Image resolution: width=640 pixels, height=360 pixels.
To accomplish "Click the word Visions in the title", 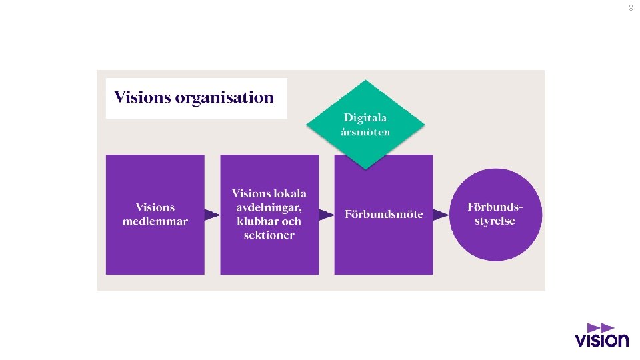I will point(142,98).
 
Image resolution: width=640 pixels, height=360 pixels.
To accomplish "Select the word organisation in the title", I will point(224,98).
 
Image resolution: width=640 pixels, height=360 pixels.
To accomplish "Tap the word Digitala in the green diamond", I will point(365,118).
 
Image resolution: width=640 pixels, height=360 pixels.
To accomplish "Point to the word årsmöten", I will point(365,132).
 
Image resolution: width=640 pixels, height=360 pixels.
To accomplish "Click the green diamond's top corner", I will point(365,81).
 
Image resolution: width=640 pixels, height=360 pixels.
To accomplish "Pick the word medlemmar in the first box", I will point(155,221).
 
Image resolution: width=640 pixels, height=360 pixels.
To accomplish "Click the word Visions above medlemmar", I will point(155,207).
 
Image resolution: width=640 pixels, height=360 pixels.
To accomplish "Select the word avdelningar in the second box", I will point(268,207).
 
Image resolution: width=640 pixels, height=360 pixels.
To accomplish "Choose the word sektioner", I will point(269,235).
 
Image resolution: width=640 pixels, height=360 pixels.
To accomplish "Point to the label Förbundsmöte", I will point(384,215).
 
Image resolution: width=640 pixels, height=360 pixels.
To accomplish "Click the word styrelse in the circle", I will point(495,221).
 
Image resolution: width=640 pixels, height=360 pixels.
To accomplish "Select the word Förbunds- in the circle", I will point(495,207).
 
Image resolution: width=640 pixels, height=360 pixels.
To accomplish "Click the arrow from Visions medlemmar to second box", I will point(212,215).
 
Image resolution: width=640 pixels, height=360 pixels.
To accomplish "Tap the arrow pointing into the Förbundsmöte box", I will point(326,215).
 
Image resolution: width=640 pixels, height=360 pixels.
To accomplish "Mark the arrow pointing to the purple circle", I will point(441,215).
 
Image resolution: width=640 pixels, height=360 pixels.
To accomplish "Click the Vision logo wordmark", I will point(602,340).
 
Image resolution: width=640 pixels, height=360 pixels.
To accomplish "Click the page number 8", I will point(631,8).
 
